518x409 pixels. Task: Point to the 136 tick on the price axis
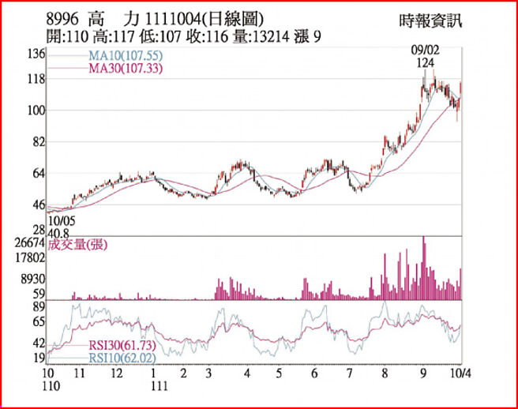coord(34,54)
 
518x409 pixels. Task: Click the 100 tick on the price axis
coord(34,111)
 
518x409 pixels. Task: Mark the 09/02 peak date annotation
coord(426,51)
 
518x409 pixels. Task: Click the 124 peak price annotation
coord(427,62)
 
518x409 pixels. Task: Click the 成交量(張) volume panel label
coord(77,245)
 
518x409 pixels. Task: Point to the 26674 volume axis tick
coord(30,243)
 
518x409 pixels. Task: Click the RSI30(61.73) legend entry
coord(121,346)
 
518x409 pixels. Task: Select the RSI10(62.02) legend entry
coord(121,358)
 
